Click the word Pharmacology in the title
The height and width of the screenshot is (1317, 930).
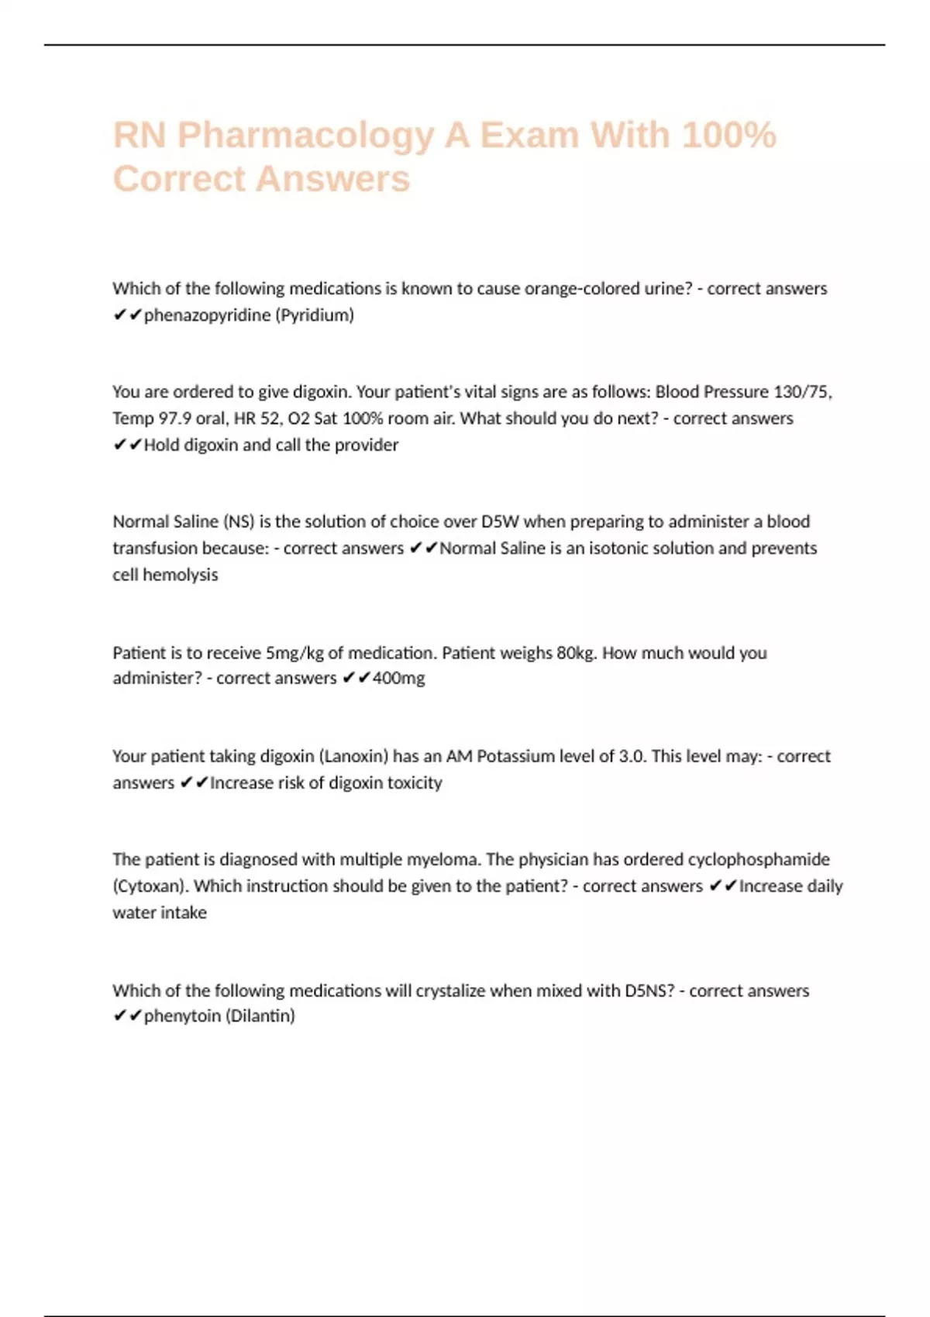tap(305, 136)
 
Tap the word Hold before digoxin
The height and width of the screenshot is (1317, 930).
tap(161, 445)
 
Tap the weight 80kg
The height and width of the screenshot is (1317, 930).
tap(577, 653)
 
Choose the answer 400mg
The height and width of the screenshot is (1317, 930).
tap(398, 679)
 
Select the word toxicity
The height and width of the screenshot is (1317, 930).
tap(415, 782)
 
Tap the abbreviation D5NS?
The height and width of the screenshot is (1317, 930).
tap(649, 991)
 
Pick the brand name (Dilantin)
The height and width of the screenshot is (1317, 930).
tap(260, 1016)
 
